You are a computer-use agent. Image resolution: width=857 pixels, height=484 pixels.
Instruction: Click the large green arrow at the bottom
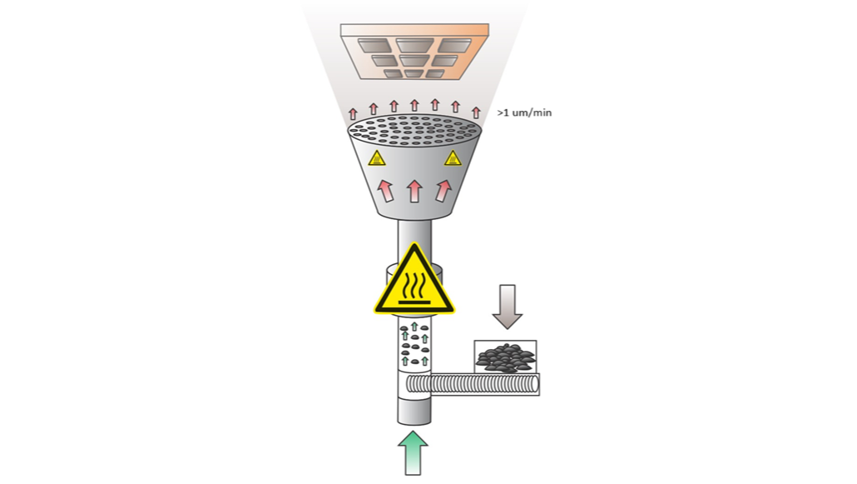414,453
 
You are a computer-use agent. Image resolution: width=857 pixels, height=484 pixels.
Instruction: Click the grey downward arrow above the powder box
508,307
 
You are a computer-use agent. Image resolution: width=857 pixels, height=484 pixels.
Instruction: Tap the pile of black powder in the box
505,358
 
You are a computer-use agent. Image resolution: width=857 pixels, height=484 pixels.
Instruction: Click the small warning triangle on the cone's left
377,159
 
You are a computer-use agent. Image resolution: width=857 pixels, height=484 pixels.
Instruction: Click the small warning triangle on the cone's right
453,158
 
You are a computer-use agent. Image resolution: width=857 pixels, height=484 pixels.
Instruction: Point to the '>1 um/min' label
524,112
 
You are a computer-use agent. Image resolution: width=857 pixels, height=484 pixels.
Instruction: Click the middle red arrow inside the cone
414,191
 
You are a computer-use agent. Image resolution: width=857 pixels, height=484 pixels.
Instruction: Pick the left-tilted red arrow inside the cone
385,191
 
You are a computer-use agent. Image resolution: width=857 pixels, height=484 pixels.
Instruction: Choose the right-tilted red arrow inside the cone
443,191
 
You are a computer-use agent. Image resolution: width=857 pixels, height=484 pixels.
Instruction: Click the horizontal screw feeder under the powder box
473,384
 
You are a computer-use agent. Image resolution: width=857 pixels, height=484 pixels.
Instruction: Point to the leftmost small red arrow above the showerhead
353,114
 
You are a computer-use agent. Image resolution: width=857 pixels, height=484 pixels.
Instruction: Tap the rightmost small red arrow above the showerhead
475,112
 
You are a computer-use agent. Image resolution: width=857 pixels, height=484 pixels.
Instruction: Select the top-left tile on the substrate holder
374,46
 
